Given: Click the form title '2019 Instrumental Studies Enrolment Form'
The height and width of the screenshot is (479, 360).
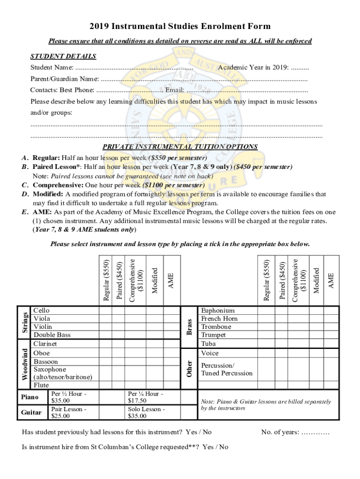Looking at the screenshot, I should (x=180, y=27).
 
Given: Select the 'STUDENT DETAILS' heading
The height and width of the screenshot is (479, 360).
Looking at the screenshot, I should (x=63, y=57).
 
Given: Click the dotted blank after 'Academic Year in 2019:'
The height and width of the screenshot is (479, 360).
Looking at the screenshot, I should (x=300, y=68).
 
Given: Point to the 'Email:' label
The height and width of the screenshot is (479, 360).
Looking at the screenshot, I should (x=174, y=90).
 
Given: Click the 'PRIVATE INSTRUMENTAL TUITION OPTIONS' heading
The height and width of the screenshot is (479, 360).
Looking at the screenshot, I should (x=180, y=147).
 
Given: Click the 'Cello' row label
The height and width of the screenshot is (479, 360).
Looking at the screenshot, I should (x=41, y=311).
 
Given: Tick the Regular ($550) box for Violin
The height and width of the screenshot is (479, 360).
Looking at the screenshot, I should (x=105, y=327).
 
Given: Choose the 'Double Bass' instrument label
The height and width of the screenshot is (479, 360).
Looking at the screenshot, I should (x=52, y=335).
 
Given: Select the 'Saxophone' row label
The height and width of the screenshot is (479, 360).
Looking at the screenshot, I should (x=50, y=370).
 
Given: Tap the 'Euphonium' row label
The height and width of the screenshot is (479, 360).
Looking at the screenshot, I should (x=217, y=311).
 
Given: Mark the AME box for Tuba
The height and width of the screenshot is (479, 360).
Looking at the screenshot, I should (x=331, y=344).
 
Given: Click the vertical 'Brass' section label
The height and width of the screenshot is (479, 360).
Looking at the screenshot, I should (x=189, y=327).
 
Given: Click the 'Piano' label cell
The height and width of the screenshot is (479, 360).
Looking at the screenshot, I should (x=29, y=397).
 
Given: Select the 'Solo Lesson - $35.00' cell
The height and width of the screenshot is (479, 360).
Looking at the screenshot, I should (x=146, y=413).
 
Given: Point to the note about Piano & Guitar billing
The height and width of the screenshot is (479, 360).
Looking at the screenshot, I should (x=266, y=405).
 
